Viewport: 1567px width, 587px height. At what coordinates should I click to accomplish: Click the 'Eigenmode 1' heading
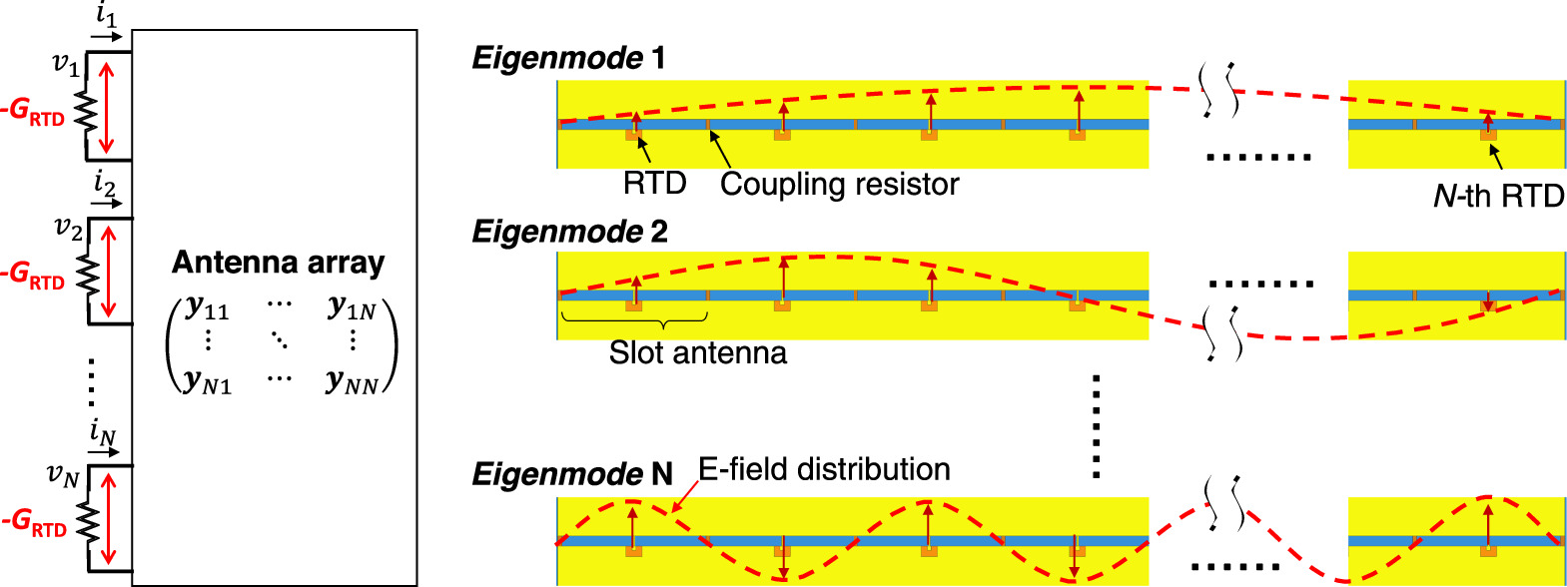568,58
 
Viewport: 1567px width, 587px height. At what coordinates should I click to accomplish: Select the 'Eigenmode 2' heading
569,232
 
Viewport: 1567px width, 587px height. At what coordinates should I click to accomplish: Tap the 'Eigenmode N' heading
572,473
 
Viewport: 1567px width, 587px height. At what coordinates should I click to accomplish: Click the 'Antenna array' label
278,263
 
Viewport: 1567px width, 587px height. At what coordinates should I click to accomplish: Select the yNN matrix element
353,381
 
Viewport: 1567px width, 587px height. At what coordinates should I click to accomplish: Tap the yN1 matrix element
208,381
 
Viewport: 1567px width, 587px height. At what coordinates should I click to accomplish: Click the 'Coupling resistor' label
839,185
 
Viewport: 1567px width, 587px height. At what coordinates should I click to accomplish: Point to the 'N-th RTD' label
1498,196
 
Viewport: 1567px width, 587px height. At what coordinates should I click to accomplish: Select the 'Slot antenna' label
698,352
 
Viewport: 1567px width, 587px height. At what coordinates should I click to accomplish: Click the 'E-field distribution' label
824,469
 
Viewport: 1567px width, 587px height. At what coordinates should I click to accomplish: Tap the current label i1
106,16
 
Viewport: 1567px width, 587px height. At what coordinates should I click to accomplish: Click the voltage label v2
68,229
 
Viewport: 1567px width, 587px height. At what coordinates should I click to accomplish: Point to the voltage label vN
63,475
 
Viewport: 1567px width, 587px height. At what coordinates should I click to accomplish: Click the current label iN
103,433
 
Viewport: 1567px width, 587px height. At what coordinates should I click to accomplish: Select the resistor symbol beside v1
87,113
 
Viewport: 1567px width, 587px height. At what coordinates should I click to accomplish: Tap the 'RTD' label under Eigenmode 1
655,184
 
